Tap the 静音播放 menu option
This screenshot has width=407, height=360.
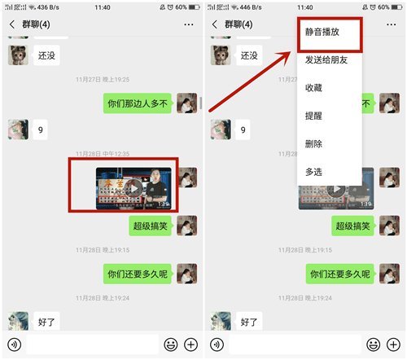[322, 33]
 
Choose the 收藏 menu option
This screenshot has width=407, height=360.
[313, 87]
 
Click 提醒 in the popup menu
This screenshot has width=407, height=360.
[313, 116]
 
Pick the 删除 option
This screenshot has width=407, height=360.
[313, 143]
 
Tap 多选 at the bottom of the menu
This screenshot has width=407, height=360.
[313, 172]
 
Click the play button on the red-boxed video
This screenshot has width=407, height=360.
[135, 187]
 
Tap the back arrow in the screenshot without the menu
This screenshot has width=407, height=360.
[12, 24]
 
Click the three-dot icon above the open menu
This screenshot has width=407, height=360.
[392, 24]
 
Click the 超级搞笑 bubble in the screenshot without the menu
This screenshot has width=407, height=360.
[150, 226]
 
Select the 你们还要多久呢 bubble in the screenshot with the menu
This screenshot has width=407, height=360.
[341, 274]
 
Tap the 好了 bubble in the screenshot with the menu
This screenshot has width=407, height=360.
[249, 322]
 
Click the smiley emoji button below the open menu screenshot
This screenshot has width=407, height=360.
[374, 345]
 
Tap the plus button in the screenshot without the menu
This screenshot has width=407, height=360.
[190, 345]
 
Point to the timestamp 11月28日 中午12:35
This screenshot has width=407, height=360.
[102, 153]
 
